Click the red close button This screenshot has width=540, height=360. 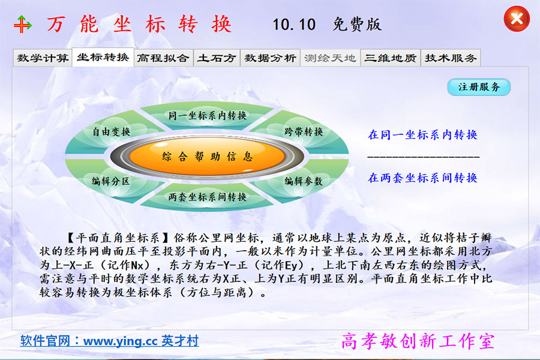click(516, 19)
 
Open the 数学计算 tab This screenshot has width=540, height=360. click(43, 58)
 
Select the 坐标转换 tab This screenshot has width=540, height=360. click(103, 58)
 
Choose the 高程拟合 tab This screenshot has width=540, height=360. click(163, 58)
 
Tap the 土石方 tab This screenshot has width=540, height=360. click(218, 58)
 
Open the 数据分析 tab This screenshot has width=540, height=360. click(269, 58)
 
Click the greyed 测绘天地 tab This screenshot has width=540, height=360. click(330, 58)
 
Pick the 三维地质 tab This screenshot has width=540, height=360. click(390, 58)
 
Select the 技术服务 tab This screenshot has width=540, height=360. click(451, 58)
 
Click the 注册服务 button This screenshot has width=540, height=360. click(479, 87)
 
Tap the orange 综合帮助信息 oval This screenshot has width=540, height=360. click(208, 157)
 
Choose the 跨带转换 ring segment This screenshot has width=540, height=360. click(303, 131)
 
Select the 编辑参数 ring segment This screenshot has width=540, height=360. click(303, 181)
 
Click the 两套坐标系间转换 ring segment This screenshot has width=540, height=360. click(208, 197)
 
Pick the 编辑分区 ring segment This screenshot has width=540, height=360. click(110, 181)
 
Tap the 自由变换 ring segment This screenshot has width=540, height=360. click(111, 131)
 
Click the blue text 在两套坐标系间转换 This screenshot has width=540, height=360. click(422, 178)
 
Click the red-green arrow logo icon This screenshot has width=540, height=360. click(23, 25)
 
